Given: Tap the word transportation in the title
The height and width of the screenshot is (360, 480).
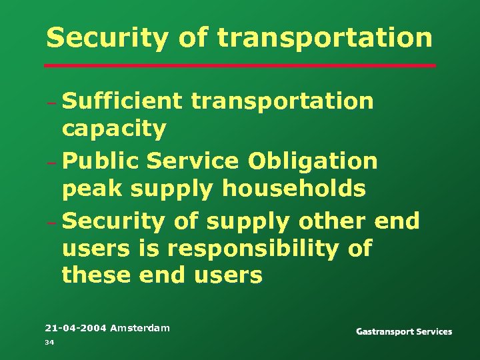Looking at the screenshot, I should point(325,38).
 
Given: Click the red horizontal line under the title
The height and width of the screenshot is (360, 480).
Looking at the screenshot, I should point(240,66).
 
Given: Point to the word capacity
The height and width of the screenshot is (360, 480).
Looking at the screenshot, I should point(114,129).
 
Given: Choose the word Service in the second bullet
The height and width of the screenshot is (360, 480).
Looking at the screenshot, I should point(193,161).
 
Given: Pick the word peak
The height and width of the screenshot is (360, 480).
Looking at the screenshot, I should point(92,189).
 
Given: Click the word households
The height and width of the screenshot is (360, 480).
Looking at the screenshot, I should point(294,189).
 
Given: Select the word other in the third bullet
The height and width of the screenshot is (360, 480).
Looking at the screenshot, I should point(330,220).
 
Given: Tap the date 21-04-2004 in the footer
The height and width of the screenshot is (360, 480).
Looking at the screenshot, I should point(75,328).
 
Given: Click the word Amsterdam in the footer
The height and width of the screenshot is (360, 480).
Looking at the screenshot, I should point(140,328).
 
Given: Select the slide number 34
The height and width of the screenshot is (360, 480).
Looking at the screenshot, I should point(49,343).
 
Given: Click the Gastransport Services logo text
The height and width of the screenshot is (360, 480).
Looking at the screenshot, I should point(404,331).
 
